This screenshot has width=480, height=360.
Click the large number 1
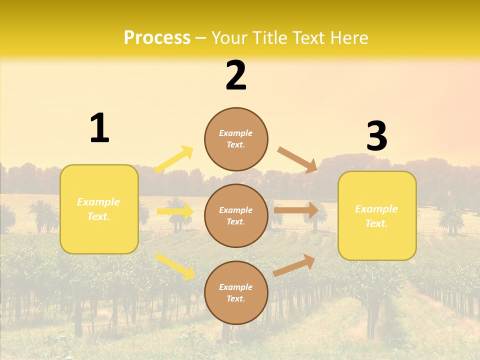click(99, 128)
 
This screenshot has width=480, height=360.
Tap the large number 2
click(236, 75)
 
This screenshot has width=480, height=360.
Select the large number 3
click(376, 136)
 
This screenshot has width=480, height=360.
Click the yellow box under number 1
click(99, 209)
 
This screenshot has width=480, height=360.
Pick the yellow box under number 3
click(377, 216)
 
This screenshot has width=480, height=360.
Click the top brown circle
click(236, 139)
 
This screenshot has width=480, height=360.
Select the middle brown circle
click(236, 215)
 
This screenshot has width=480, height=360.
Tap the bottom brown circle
click(236, 292)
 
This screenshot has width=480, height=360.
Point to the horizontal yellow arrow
click(175, 211)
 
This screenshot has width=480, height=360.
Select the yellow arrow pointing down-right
click(175, 266)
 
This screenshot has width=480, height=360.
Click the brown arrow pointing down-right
click(297, 160)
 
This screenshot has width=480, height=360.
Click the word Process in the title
click(157, 37)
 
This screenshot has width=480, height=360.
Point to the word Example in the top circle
click(236, 133)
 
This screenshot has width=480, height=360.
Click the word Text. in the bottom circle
click(236, 298)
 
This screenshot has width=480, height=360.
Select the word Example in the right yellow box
click(376, 209)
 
